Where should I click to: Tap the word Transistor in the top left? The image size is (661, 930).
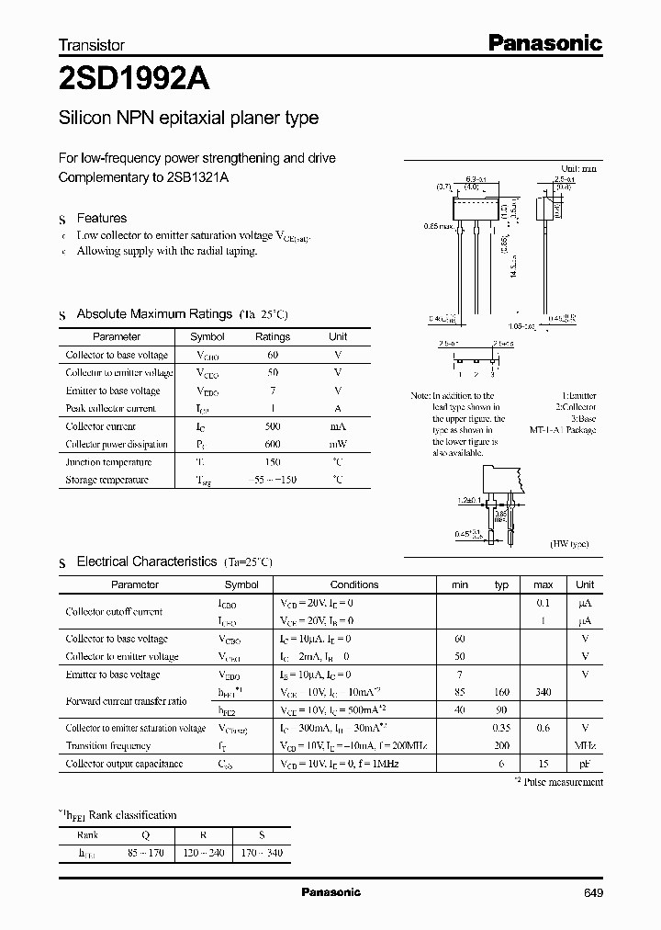click(x=91, y=44)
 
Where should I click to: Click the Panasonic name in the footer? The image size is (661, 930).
click(x=330, y=892)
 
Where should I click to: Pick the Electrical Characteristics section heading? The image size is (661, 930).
click(x=147, y=561)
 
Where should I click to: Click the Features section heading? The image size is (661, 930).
click(x=101, y=219)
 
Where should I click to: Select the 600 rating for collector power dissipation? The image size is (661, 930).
click(x=272, y=444)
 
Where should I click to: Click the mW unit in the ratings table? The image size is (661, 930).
click(x=338, y=444)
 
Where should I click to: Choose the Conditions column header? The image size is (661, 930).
click(x=353, y=584)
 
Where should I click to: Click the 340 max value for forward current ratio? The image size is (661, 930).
click(x=543, y=692)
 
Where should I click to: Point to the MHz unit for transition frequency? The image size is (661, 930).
click(x=585, y=746)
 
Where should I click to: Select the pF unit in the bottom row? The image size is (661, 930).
click(x=585, y=764)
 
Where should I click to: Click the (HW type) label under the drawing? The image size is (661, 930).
click(x=570, y=544)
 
